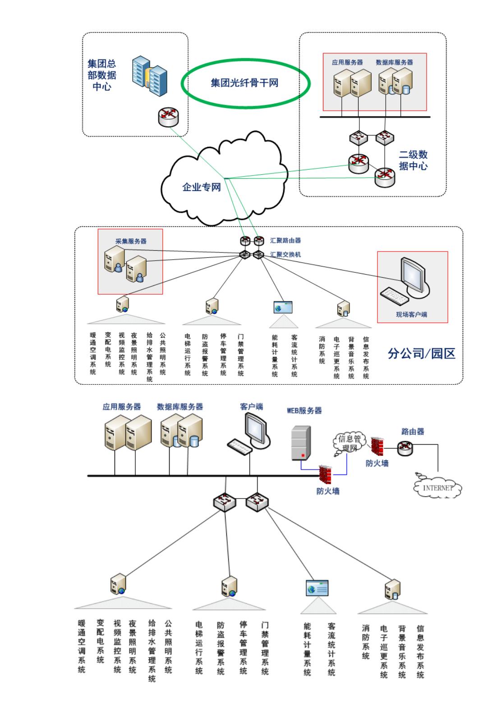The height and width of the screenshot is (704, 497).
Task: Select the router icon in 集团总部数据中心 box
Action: (x=168, y=117)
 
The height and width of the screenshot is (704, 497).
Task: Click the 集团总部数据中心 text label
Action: (x=102, y=75)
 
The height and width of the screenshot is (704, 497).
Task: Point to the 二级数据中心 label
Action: (x=413, y=160)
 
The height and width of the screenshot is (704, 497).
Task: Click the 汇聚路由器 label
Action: (x=285, y=241)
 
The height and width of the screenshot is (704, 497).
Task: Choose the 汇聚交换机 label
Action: (x=285, y=255)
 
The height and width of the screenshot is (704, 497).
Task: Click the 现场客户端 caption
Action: (x=411, y=314)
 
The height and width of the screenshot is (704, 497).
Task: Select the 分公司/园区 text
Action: (x=421, y=354)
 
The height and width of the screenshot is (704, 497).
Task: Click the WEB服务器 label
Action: (x=304, y=410)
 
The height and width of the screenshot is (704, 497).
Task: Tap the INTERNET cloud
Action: (x=437, y=488)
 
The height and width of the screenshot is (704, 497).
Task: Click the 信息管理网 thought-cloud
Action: (x=349, y=443)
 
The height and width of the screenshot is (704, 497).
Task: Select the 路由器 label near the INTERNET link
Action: (x=413, y=431)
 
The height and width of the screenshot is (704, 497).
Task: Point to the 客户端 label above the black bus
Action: (x=251, y=406)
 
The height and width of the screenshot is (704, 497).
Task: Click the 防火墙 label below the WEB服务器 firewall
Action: (x=328, y=491)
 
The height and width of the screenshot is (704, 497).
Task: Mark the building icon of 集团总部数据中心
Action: (x=149, y=75)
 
